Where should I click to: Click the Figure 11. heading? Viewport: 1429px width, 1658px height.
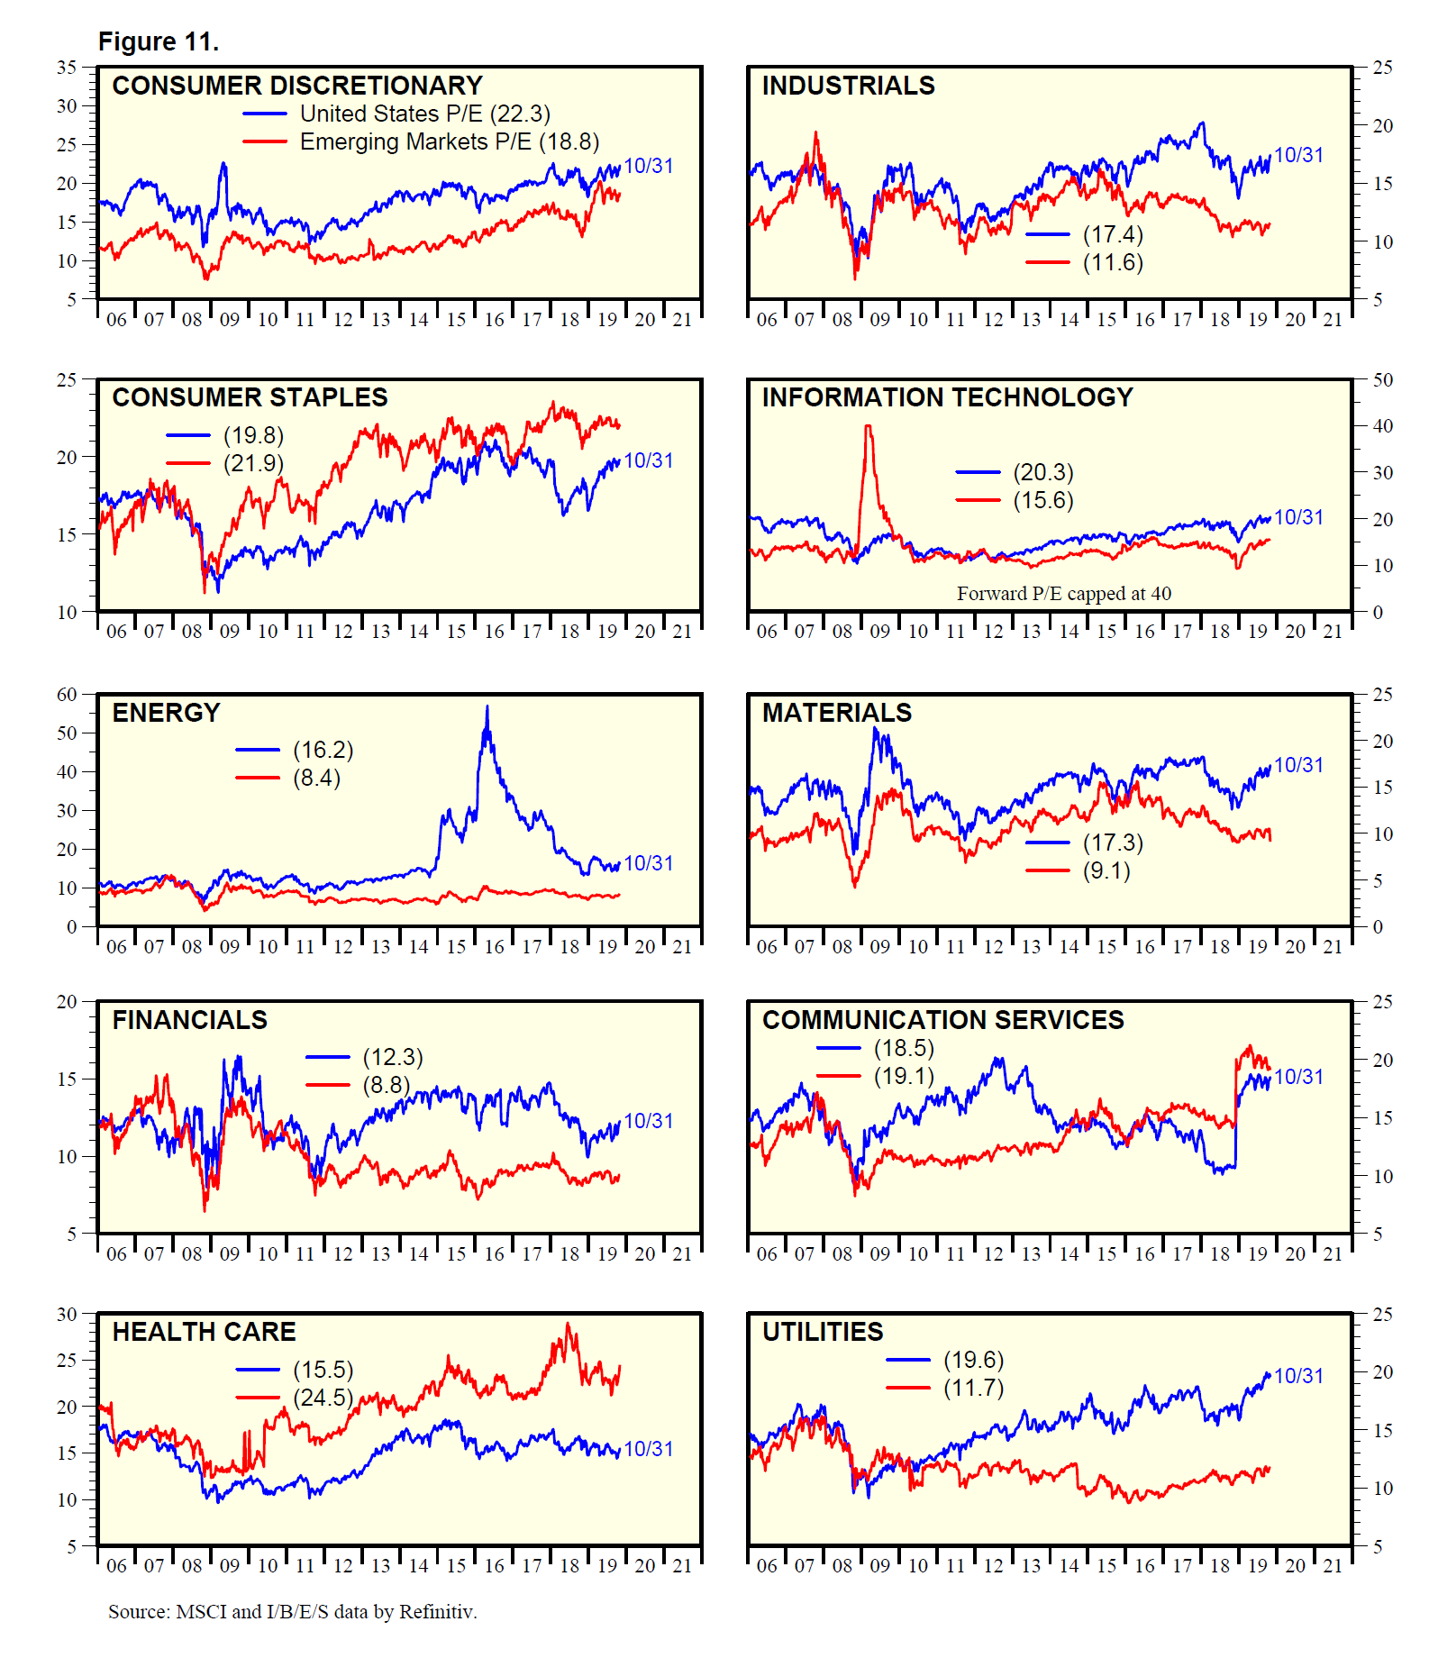tap(159, 41)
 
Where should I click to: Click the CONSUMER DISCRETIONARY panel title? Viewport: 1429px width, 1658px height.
tap(297, 86)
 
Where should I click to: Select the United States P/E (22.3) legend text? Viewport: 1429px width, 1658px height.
tap(424, 114)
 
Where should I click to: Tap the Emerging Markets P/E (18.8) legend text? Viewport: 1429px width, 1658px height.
tap(449, 141)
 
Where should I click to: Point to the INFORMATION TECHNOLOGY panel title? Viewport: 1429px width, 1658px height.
tap(947, 397)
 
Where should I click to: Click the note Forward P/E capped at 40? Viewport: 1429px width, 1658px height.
tap(1064, 594)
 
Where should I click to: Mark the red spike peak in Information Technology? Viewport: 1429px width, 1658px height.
tap(869, 426)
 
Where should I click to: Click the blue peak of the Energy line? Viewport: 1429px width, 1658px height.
tap(487, 707)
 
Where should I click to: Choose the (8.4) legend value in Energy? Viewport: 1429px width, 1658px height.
tap(317, 778)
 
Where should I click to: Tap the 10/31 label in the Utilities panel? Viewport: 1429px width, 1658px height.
tap(1298, 1376)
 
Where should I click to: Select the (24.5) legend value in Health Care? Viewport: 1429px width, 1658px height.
tap(323, 1398)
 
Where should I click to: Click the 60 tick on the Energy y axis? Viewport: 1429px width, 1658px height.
tap(68, 695)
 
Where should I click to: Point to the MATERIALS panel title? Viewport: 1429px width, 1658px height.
tap(837, 713)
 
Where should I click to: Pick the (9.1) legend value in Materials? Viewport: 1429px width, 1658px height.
tap(1106, 870)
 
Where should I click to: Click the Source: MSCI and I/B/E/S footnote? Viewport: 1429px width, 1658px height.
tap(293, 1611)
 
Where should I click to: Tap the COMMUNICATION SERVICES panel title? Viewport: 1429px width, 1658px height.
tap(943, 1020)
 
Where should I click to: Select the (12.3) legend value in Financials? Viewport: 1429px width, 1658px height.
tap(393, 1057)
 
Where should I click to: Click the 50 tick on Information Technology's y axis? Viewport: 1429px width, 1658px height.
tap(1382, 380)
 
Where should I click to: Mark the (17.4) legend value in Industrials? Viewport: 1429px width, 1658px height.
tap(1113, 234)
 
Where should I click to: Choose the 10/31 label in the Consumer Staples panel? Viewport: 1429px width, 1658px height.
tap(649, 460)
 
